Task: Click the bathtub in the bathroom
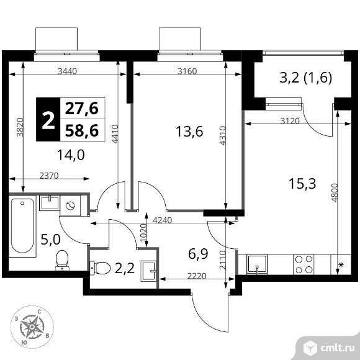coord(22,226)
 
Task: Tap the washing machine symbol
coord(70,205)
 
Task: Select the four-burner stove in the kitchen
coord(304,264)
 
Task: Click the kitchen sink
coord(257,264)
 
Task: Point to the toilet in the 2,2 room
coord(100,268)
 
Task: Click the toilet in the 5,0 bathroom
coord(62,260)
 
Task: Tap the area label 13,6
coord(189,132)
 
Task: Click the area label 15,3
coord(302,184)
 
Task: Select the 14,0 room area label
coord(71,155)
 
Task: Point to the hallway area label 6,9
coord(198,254)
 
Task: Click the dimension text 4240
coord(163,220)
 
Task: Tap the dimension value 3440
coord(67,71)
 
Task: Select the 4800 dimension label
coord(335,193)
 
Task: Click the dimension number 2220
coord(197,276)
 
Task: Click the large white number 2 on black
coord(48,119)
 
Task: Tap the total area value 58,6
coord(82,130)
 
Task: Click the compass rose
coord(32,327)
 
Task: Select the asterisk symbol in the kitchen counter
coord(341,265)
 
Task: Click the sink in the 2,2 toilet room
coord(148,271)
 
